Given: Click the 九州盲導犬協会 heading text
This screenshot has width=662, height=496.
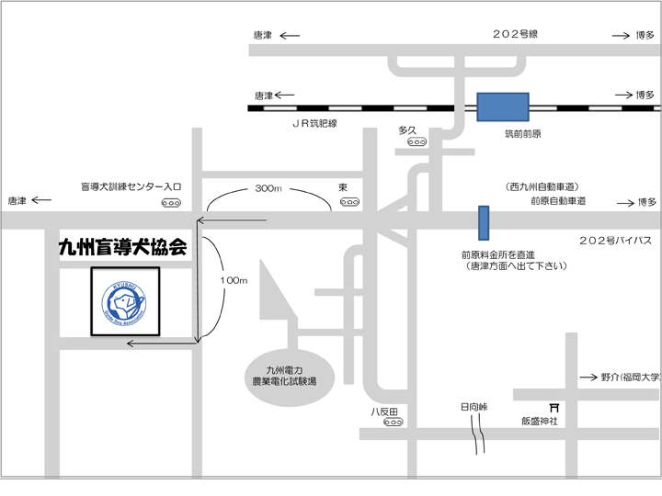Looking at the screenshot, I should click(x=122, y=247).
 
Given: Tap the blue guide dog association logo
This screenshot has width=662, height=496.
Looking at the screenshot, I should click(x=124, y=300).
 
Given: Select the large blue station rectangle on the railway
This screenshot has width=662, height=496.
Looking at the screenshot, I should click(x=502, y=107).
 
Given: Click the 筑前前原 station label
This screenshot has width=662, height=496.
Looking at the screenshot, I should click(x=522, y=134).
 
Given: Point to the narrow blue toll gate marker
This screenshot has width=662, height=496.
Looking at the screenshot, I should click(x=484, y=222).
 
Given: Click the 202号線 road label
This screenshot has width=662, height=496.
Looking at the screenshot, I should click(x=514, y=34).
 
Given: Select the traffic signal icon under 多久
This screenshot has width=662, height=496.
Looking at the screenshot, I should click(x=417, y=143).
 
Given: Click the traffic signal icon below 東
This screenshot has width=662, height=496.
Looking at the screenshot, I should click(x=348, y=202).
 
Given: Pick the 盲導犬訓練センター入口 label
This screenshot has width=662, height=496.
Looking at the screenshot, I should click(x=131, y=186).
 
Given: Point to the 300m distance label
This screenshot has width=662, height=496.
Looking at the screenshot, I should click(x=268, y=188).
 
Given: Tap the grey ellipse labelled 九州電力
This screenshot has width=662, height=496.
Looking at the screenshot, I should click(x=285, y=371).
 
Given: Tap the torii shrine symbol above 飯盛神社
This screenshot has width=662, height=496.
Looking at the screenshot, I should click(x=554, y=405).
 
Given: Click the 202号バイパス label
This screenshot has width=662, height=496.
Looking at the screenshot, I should click(x=614, y=240).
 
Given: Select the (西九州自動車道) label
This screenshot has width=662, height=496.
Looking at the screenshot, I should click(x=547, y=186).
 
